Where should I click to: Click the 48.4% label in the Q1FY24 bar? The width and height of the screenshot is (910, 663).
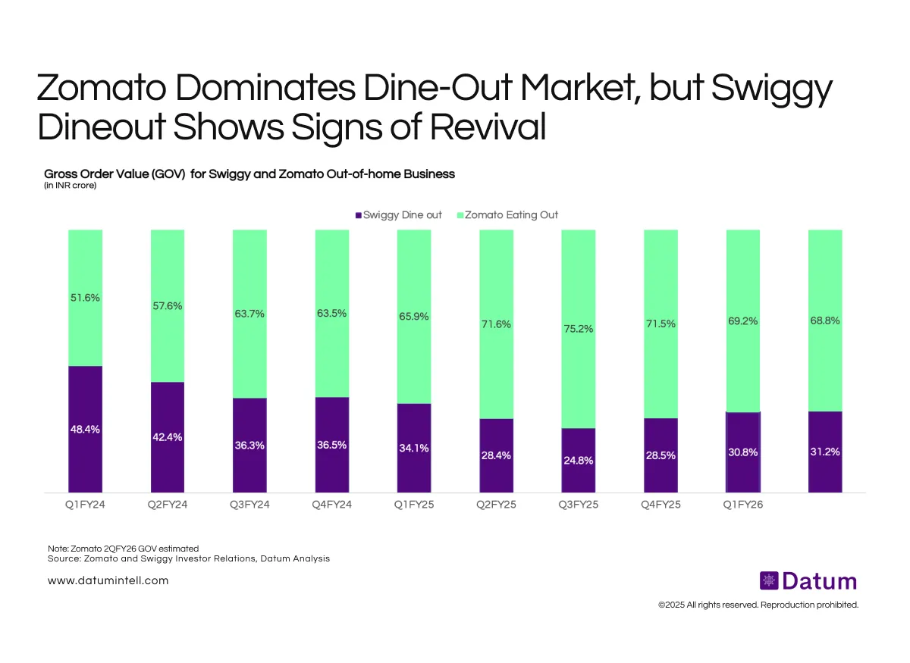pyautogui.click(x=85, y=429)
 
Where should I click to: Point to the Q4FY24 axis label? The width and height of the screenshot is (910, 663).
pyautogui.click(x=331, y=505)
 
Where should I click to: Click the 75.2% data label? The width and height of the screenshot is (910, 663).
pyautogui.click(x=578, y=329)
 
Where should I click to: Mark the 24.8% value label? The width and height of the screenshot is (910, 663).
pyautogui.click(x=578, y=460)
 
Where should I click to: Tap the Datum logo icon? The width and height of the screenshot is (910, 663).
pyautogui.click(x=769, y=581)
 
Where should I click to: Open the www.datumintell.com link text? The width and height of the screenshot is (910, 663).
pyautogui.click(x=108, y=580)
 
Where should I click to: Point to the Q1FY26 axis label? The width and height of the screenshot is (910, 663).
pyautogui.click(x=743, y=505)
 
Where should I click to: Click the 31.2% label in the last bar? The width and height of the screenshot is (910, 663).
pyautogui.click(x=825, y=452)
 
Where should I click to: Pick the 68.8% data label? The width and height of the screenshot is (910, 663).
pyautogui.click(x=825, y=321)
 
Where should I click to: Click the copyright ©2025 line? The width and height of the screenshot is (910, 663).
pyautogui.click(x=758, y=605)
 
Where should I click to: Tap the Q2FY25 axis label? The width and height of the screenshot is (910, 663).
pyautogui.click(x=496, y=505)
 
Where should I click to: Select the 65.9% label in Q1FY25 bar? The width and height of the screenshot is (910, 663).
pyautogui.click(x=414, y=317)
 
